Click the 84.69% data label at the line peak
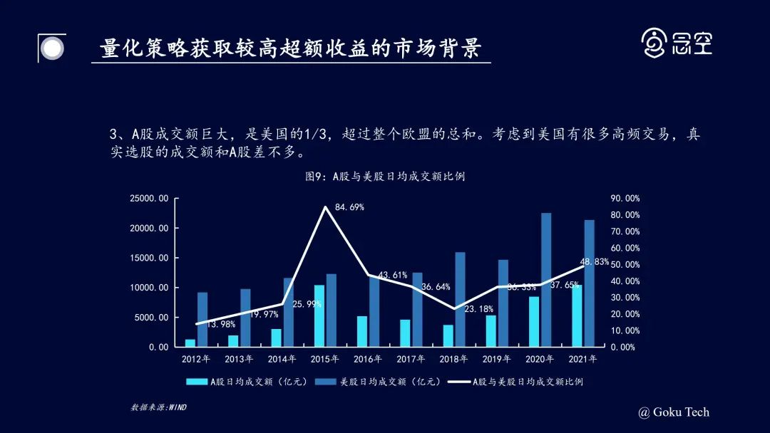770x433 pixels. point(349,207)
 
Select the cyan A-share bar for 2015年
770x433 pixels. point(319,315)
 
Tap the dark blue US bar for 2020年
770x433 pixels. point(546,279)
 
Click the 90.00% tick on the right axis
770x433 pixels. point(625,199)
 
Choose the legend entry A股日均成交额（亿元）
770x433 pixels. point(247,382)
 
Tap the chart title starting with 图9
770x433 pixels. point(385,176)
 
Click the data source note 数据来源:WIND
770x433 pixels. point(158,407)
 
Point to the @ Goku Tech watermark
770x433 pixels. point(674,412)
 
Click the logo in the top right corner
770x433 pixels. point(677,43)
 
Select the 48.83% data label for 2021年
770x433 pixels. point(595,262)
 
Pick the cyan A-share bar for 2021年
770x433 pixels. point(576,315)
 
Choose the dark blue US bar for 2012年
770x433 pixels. point(202,319)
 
